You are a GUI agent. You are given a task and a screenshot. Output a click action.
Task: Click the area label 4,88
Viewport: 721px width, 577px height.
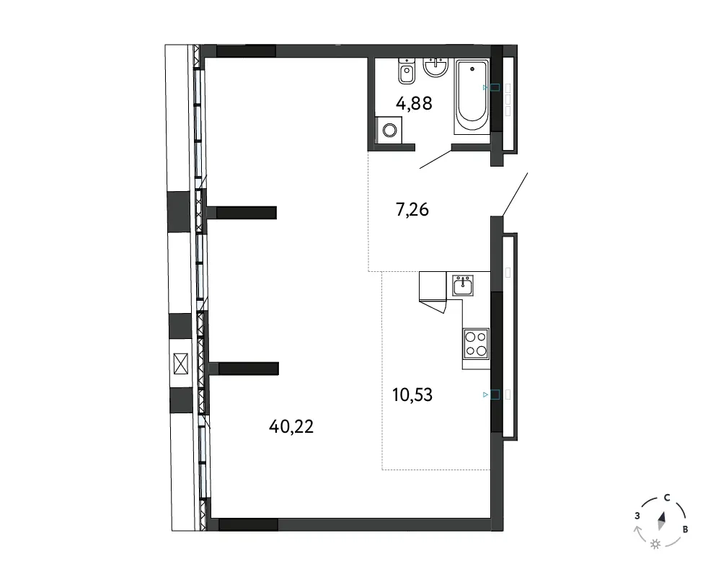click(414, 104)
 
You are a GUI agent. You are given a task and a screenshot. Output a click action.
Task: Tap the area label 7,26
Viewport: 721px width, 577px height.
click(412, 210)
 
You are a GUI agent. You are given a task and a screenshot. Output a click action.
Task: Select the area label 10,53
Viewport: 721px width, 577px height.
click(412, 395)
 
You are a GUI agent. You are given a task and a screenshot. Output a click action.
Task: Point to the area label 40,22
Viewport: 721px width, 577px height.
click(291, 426)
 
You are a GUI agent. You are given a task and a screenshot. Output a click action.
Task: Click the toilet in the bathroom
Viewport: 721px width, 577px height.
click(407, 71)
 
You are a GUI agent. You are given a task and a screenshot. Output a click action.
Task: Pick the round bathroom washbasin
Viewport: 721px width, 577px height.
click(435, 67)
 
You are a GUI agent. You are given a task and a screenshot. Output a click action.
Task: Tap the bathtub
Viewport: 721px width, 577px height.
click(472, 97)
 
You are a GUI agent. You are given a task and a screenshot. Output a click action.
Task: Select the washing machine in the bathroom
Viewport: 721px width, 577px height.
click(389, 130)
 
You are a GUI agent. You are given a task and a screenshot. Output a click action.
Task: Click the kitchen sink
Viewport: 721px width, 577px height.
click(463, 286)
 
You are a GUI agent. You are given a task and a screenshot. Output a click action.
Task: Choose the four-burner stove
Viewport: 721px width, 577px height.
click(476, 344)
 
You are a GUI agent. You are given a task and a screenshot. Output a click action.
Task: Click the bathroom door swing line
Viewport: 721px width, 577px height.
click(435, 159)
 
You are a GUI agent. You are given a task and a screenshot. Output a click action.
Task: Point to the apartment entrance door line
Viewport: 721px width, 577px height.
click(515, 194)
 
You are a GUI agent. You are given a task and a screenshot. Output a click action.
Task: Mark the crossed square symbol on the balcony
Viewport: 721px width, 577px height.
click(181, 364)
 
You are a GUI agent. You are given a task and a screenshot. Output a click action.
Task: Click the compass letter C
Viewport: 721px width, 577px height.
click(667, 498)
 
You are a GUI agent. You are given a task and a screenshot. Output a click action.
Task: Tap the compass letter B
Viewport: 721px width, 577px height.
click(685, 529)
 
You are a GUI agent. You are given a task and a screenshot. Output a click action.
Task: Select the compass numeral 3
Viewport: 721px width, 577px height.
click(637, 516)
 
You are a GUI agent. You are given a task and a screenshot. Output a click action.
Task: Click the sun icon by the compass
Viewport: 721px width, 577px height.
click(655, 545)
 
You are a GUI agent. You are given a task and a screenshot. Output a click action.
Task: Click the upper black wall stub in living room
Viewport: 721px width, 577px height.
click(246, 213)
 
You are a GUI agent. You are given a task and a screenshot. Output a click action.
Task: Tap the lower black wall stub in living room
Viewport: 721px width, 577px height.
click(248, 369)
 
